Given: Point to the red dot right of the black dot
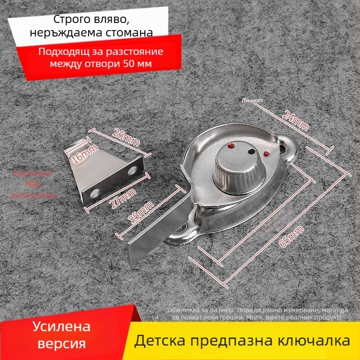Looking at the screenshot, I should click(266, 153).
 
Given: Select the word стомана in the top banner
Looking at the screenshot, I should click(127, 32).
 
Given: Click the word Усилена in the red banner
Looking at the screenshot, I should click(62, 326).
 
